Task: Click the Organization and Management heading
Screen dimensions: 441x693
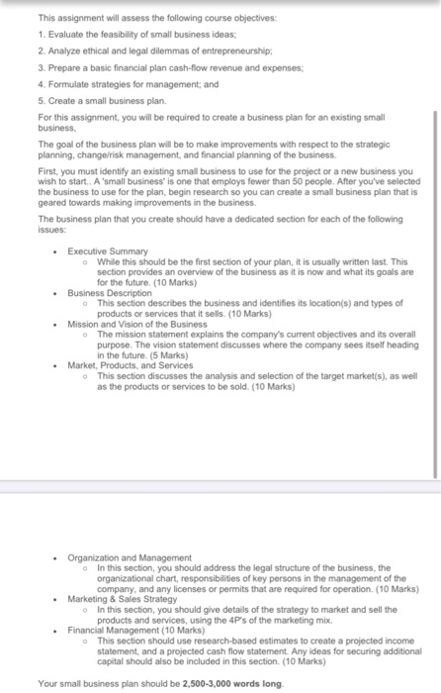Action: click(130, 558)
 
